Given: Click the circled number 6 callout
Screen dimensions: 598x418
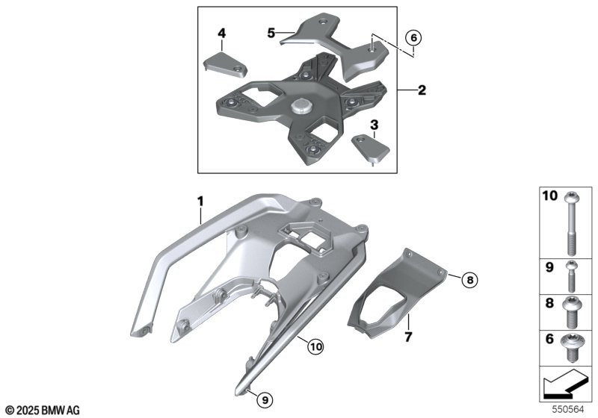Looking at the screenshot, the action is click(414, 37).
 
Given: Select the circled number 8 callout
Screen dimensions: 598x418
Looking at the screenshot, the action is click(470, 280).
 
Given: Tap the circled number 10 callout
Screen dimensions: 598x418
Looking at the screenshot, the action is click(315, 346).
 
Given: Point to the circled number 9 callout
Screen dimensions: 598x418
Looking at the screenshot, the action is click(265, 400).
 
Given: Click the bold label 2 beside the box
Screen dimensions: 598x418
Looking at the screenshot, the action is click(422, 90).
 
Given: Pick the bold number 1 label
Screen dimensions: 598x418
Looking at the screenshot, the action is click(200, 201).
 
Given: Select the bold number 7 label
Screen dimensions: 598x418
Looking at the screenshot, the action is click(408, 337).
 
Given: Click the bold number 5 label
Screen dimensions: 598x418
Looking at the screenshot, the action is click(271, 33).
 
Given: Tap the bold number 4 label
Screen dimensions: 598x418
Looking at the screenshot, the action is click(221, 33).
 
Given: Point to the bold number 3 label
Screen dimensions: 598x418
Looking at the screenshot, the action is click(374, 125).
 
